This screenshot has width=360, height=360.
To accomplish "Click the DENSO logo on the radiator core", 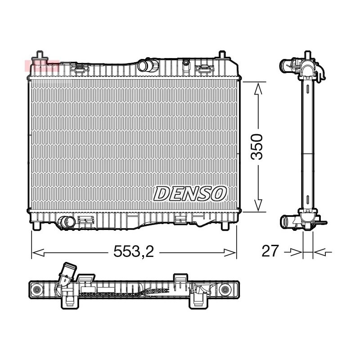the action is pyautogui.click(x=190, y=193).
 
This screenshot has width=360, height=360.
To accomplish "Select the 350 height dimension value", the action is pyautogui.click(x=256, y=147).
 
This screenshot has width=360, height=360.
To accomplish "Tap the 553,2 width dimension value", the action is pyautogui.click(x=134, y=251).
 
